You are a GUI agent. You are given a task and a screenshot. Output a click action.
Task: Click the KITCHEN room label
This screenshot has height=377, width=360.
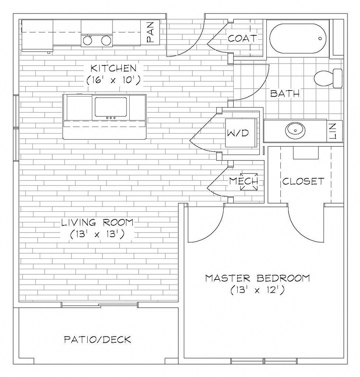tap(113, 68)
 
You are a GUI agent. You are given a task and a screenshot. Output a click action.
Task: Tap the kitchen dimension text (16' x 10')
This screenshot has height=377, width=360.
tap(113, 80)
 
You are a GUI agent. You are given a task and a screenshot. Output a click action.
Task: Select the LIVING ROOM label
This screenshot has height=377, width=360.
tap(97, 222)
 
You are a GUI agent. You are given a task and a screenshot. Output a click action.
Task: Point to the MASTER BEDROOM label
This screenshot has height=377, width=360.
tap(257, 278)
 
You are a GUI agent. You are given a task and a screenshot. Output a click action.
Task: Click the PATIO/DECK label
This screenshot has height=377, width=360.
tap(98, 339)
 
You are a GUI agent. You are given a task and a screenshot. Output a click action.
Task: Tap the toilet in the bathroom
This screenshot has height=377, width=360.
tap(328, 78)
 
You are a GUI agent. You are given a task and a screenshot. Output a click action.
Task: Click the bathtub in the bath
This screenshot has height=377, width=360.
tap(298, 38)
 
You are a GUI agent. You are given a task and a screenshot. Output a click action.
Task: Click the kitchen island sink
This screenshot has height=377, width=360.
tap(111, 107)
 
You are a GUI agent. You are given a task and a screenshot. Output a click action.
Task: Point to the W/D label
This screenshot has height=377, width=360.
tap(241, 133)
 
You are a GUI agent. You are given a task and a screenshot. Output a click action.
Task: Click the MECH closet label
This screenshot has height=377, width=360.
tap(244, 181)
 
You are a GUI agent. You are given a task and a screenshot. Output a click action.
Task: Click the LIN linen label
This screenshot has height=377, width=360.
tap(333, 131)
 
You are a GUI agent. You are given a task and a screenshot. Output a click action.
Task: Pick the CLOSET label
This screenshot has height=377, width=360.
tap(303, 181)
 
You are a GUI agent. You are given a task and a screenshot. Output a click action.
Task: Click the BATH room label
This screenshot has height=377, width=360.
tap(285, 94)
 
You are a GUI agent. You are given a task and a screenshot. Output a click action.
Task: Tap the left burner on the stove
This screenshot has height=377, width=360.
tap(87, 40)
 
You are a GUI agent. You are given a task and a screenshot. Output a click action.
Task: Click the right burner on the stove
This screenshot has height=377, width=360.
tap(106, 40)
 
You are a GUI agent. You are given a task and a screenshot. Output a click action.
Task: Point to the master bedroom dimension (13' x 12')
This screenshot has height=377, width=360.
tap(257, 290)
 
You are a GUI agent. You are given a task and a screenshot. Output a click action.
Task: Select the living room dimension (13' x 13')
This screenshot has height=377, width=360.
tap(97, 234)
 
